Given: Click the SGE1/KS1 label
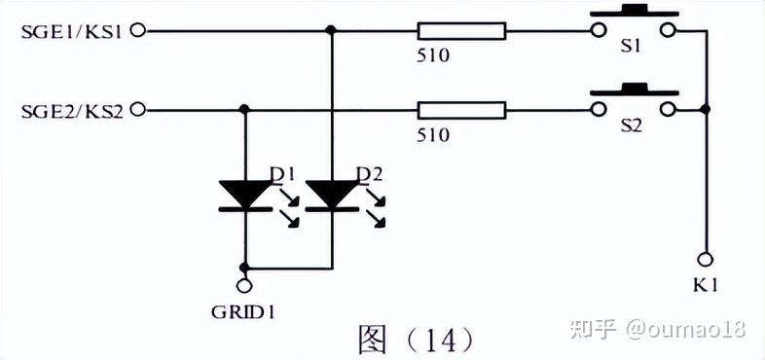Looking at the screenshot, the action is point(71,32).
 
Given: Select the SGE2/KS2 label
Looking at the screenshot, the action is point(72,111).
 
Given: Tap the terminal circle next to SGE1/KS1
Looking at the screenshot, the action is point(138,31).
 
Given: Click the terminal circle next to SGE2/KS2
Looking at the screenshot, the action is point(138,110).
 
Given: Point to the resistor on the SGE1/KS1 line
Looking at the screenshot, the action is point(461,31).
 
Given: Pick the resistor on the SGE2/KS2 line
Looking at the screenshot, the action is point(461,110).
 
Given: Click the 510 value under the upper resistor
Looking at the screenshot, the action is point(433,55).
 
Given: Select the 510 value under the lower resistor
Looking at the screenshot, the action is point(433,134).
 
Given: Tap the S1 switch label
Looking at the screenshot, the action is point(631,47).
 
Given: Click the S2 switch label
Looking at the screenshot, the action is point(631,126).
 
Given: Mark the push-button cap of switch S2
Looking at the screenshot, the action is point(635,90).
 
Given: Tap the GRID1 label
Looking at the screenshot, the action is point(243,311).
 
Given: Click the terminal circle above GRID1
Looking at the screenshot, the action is point(244,284).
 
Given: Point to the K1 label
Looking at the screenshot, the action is point(706,285).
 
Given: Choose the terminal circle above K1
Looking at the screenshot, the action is point(705,258).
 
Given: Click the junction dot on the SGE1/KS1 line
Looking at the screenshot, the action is point(331,31).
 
